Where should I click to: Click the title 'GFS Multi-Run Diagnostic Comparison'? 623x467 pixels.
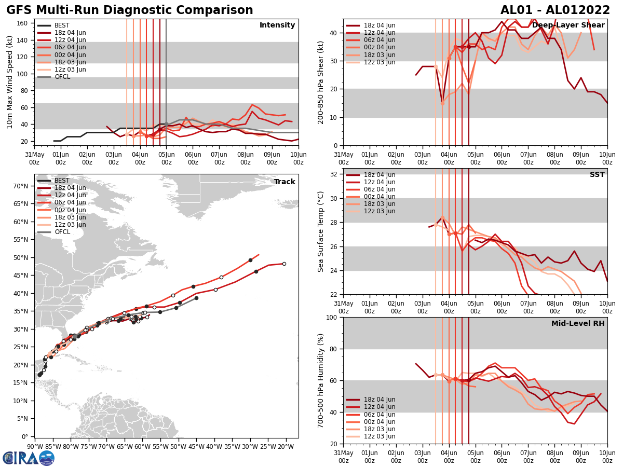[x=129, y=10]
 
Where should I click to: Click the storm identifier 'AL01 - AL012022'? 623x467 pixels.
[x=555, y=10]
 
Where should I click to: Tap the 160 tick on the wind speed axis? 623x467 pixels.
[x=23, y=23]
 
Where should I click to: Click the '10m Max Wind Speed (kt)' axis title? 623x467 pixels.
[x=9, y=82]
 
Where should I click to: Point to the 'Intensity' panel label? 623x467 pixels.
[x=277, y=25]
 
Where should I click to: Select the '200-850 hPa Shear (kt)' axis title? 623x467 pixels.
[x=321, y=82]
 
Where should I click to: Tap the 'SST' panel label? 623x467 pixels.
[x=597, y=175]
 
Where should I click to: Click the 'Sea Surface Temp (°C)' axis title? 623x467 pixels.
[x=321, y=231]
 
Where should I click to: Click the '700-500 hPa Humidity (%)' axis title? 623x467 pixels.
[x=321, y=380]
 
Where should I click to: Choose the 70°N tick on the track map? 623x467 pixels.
[x=24, y=186]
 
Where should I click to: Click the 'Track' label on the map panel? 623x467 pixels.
[x=284, y=182]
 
